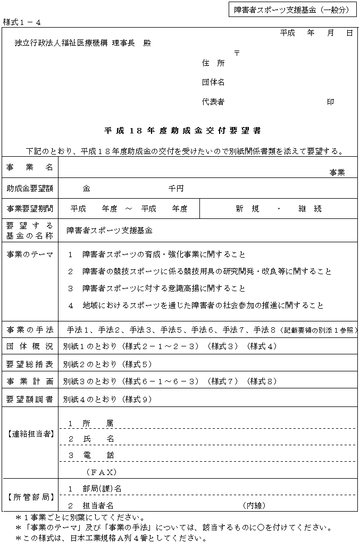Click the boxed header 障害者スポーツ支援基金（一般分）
click(x=291, y=10)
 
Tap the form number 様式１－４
click(x=22, y=22)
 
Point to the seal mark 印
click(x=330, y=102)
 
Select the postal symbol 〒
click(x=237, y=53)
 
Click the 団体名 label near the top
click(x=213, y=82)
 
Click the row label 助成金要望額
click(x=30, y=189)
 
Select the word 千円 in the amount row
click(x=176, y=189)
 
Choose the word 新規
click(x=248, y=209)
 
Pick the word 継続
click(x=310, y=209)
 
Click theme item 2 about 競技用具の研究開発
click(x=199, y=271)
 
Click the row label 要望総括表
click(x=30, y=364)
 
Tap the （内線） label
click(x=254, y=505)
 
